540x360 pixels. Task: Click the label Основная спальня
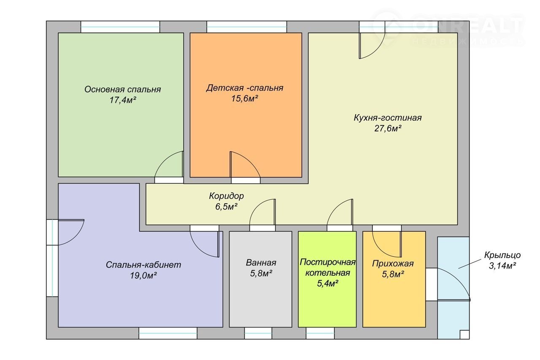click(x=122, y=90)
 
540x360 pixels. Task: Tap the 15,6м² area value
click(x=245, y=99)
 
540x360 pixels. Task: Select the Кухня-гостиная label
click(x=388, y=118)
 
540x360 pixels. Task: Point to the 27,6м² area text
click(x=388, y=129)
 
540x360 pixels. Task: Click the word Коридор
click(x=227, y=196)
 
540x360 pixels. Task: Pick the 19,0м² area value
click(x=143, y=275)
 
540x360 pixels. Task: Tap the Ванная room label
click(x=261, y=262)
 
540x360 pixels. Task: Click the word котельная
click(x=328, y=273)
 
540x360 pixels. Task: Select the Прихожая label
click(x=393, y=263)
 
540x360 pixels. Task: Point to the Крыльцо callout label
click(x=502, y=255)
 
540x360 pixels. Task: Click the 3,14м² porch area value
click(x=502, y=266)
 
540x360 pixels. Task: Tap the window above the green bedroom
click(x=120, y=27)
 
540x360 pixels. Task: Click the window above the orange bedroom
click(x=247, y=27)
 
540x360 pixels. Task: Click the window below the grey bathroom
click(x=258, y=333)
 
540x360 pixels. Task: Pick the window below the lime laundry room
click(x=320, y=333)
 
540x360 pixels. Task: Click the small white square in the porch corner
click(x=464, y=335)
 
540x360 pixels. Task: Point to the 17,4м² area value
click(x=123, y=100)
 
